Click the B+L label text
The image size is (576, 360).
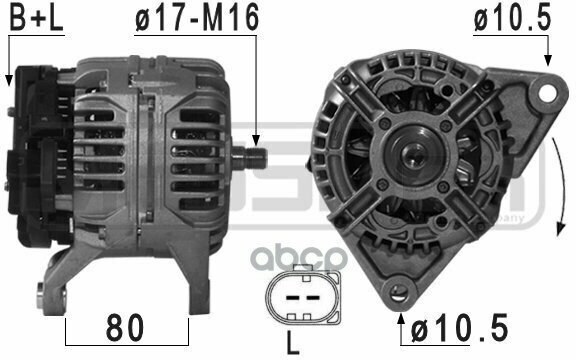31,19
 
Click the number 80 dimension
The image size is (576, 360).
127,326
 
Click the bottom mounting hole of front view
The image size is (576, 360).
403,294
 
